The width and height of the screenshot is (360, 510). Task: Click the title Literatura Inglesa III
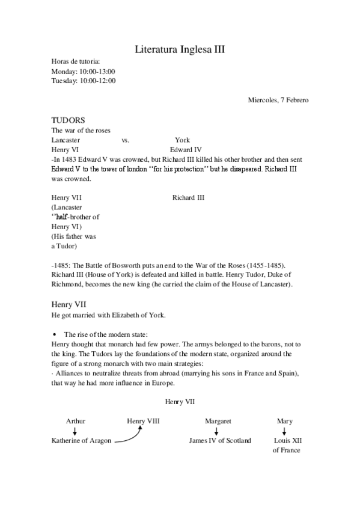180,49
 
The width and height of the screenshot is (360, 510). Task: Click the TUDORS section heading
68,120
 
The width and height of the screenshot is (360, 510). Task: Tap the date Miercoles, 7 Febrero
278,100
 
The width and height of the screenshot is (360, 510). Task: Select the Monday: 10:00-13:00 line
83,71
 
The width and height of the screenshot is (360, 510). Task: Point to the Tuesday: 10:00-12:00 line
84,81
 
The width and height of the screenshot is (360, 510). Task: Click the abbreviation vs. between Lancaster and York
126,140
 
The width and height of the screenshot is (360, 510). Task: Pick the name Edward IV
186,149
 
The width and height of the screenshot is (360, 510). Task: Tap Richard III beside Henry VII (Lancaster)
188,197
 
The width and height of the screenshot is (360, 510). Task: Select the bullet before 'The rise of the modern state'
55,334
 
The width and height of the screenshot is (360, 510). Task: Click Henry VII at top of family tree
180,401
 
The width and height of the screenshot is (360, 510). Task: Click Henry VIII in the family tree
143,421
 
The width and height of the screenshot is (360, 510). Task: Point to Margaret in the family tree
218,421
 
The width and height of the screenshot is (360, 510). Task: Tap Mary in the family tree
284,421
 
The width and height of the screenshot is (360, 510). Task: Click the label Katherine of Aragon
81,441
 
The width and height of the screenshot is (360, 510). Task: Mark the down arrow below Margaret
218,431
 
